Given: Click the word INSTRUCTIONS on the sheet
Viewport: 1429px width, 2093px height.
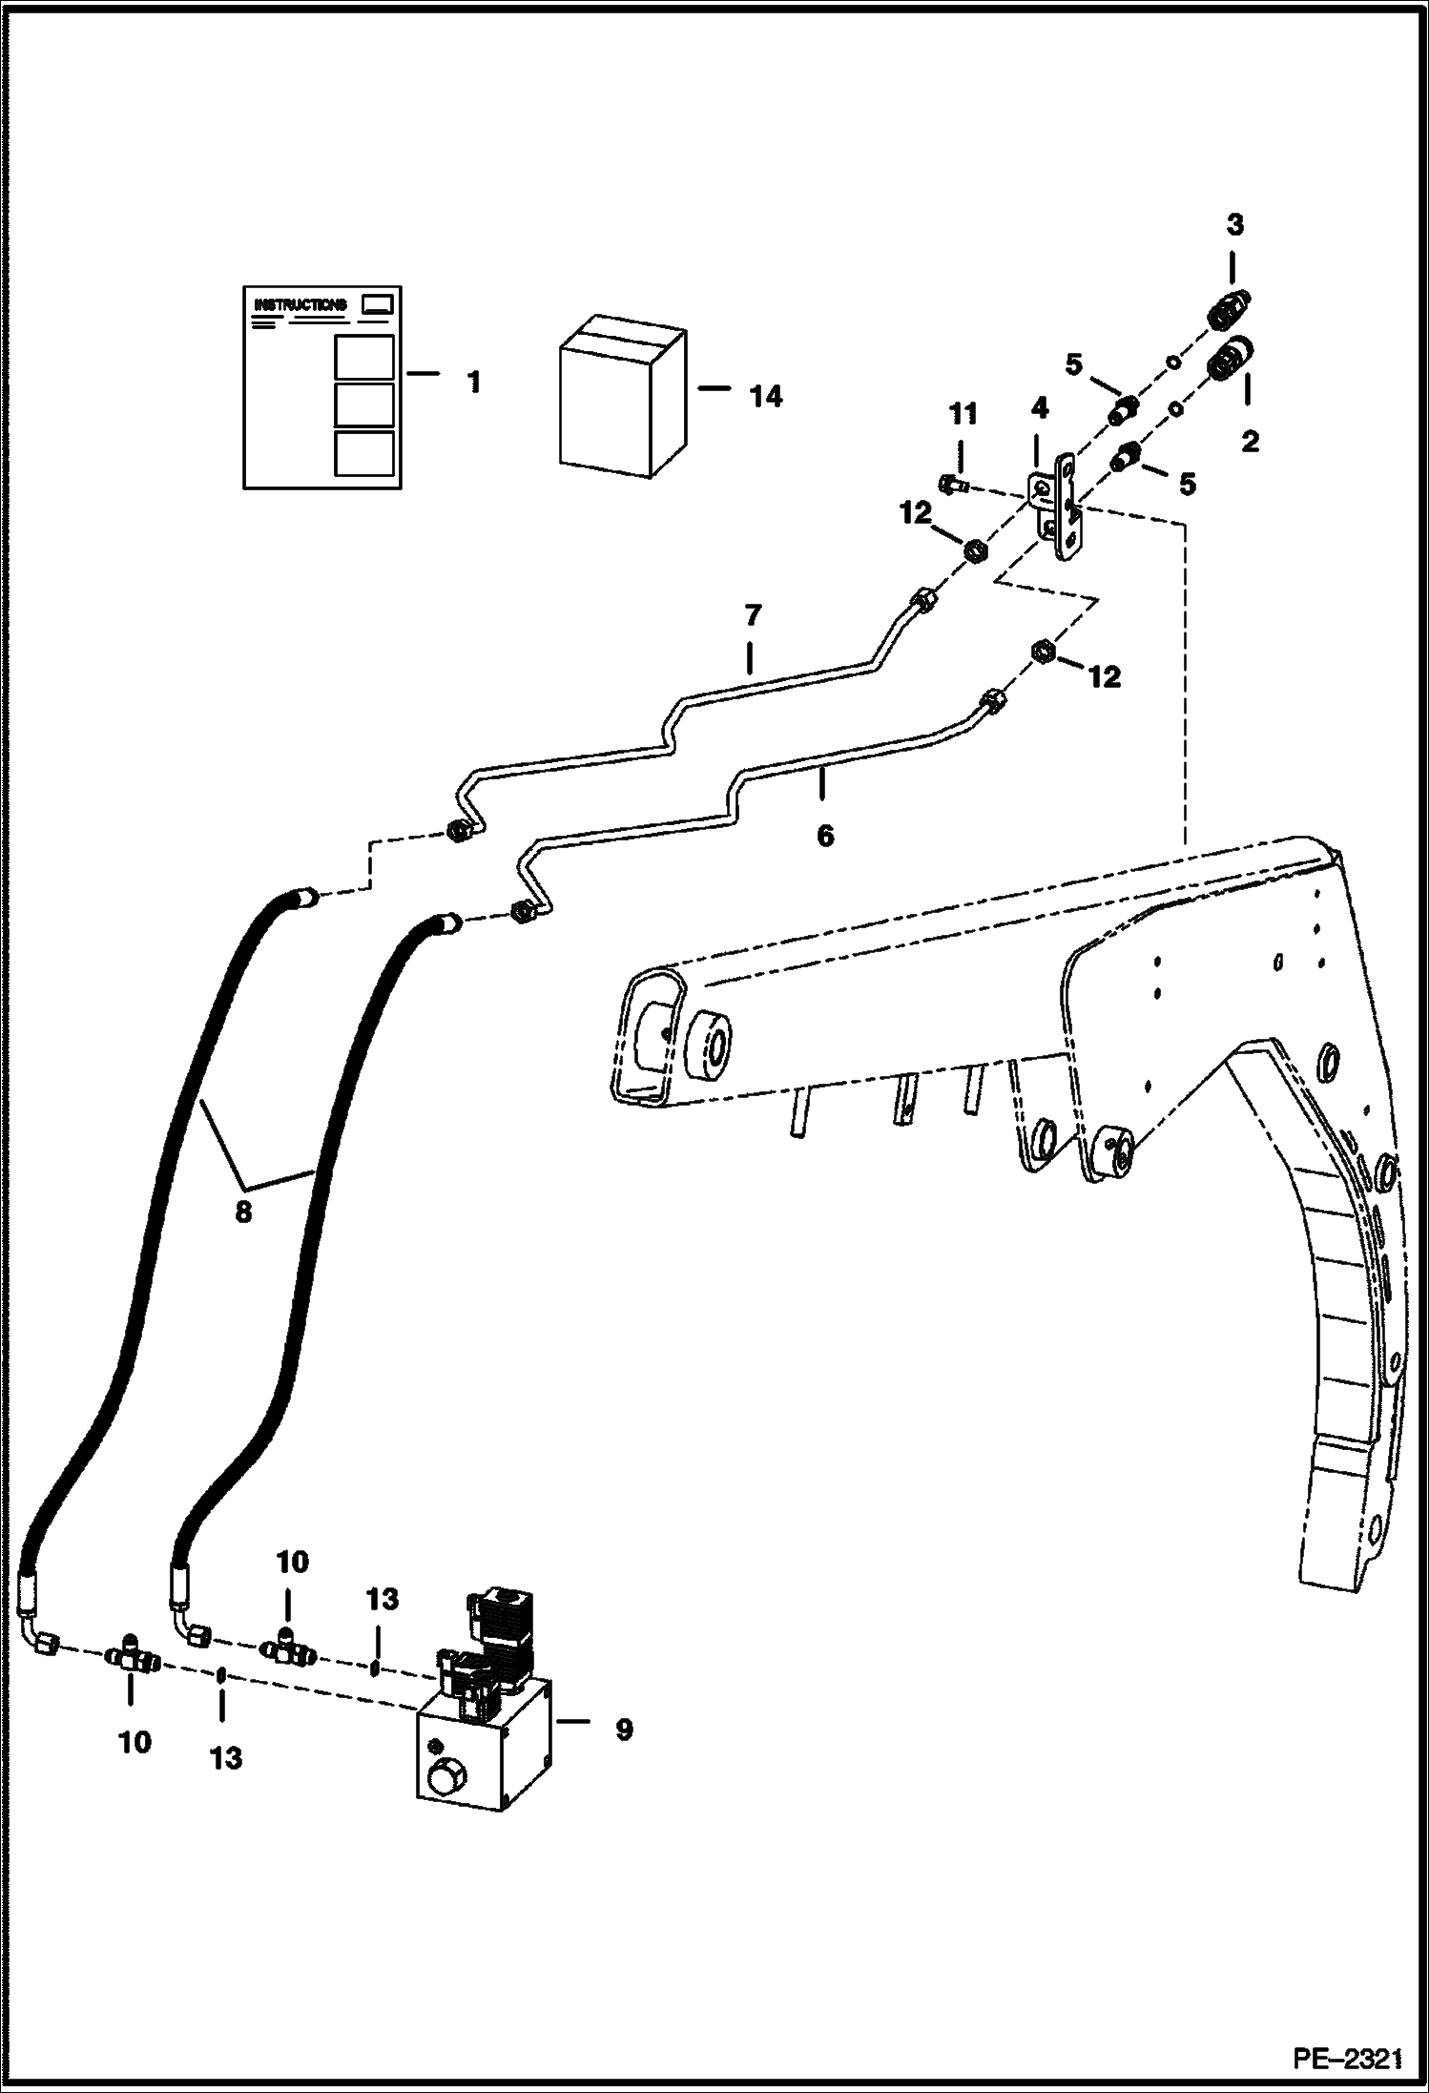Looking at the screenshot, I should [300, 305].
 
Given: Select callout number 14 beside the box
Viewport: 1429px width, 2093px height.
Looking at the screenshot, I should [765, 396].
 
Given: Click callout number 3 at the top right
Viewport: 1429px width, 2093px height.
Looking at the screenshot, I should [1234, 225].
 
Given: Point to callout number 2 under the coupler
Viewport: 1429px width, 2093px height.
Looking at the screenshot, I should [1249, 441].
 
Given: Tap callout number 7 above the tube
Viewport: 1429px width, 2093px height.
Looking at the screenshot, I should [753, 616].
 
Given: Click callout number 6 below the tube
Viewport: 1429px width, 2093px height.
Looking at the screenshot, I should [825, 836].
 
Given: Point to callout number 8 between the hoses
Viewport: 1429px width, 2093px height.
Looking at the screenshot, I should [243, 1212].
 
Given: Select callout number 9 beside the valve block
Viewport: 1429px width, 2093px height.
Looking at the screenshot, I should [623, 1730].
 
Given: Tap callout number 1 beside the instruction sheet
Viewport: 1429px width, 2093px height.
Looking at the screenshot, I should [473, 383].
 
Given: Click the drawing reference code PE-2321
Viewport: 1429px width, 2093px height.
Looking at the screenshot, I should [1347, 2059].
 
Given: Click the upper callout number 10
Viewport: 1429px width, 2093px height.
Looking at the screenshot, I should [293, 1562].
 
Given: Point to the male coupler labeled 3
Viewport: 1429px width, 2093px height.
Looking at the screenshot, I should [1231, 310].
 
